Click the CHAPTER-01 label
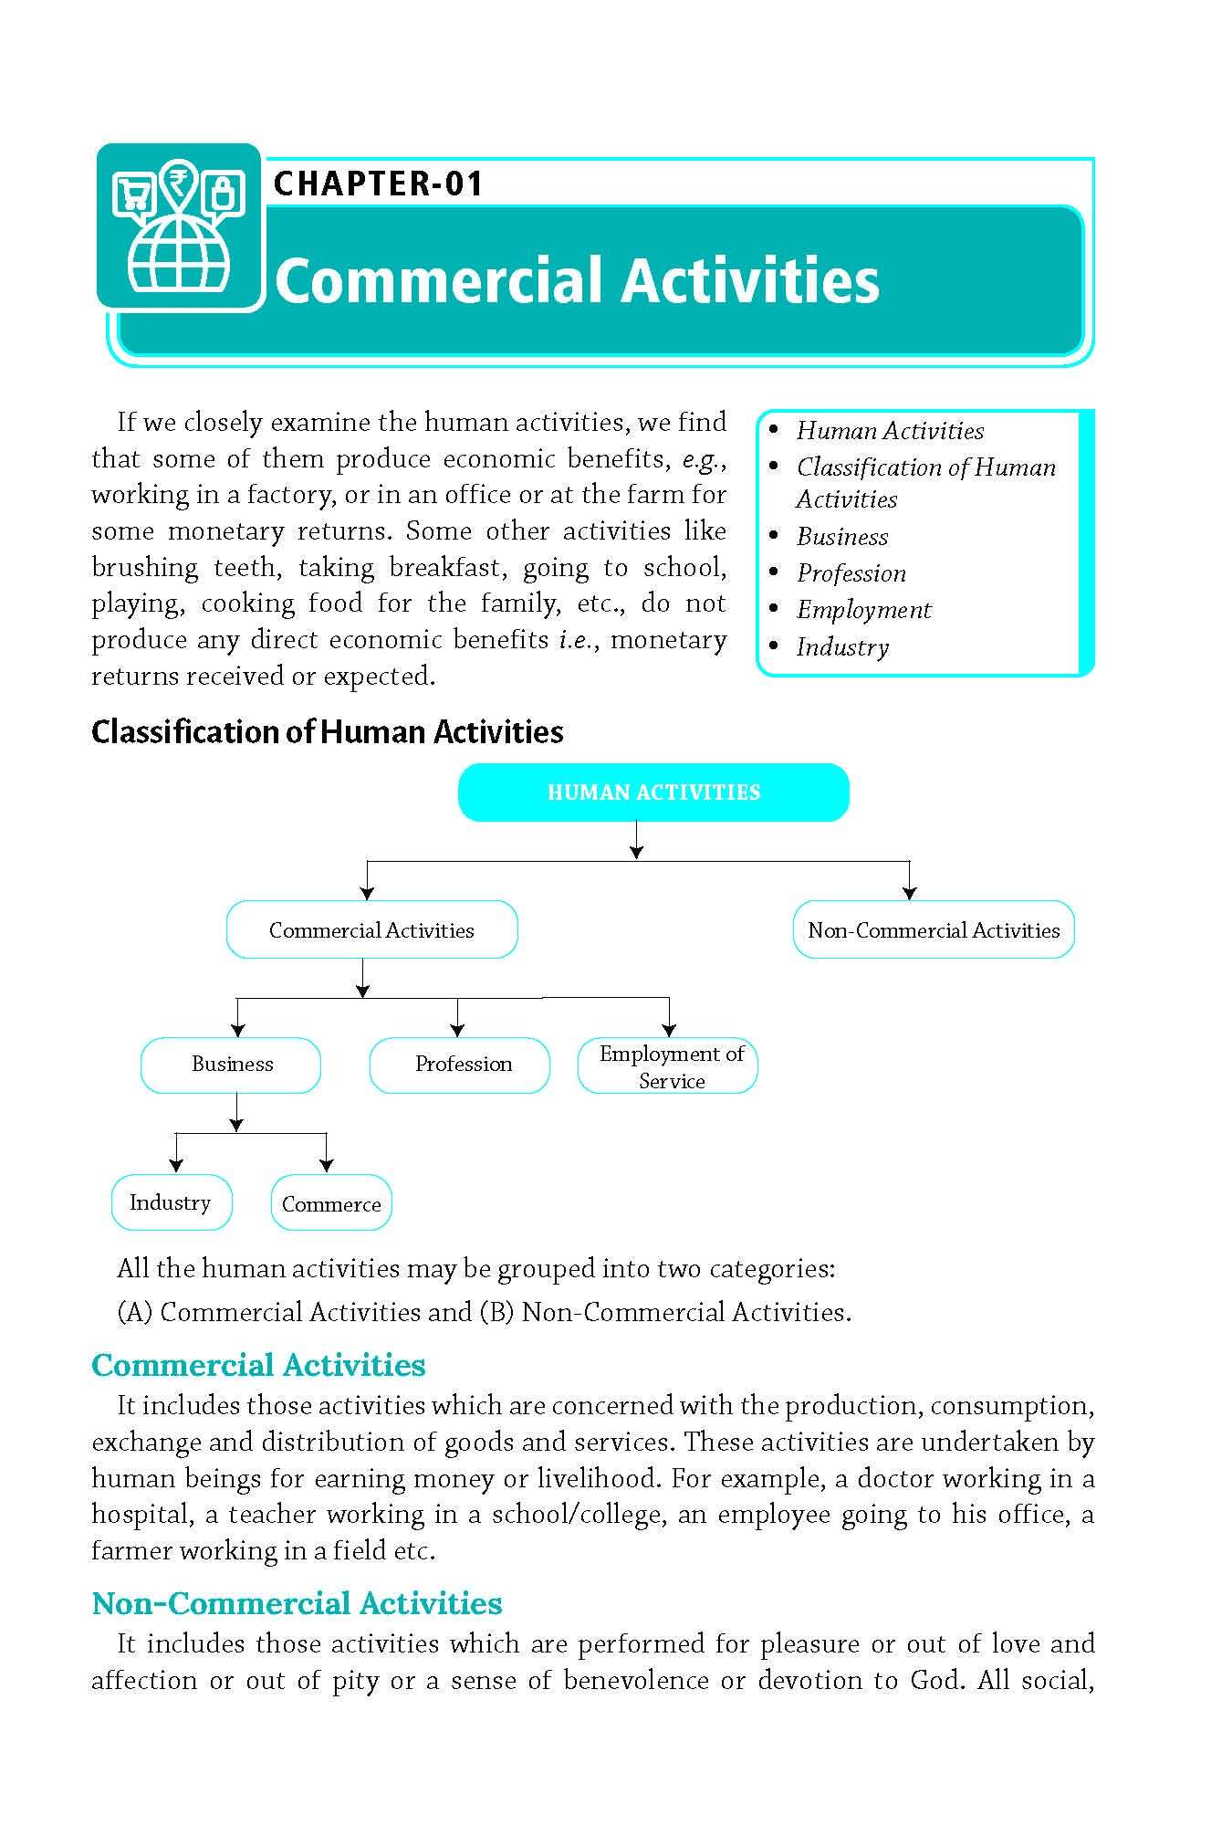coord(378,184)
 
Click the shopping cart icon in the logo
coord(133,194)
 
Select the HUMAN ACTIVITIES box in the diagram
coord(653,792)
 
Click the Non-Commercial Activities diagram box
coord(933,930)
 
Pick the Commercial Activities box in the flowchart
coord(371,930)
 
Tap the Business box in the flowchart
coord(232,1065)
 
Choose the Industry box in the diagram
coord(171,1202)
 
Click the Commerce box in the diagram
coord(331,1203)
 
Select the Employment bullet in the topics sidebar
coord(862,610)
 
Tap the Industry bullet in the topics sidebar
coord(841,647)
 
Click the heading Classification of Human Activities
coord(327,732)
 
